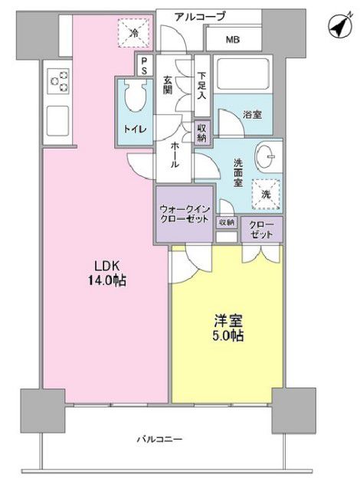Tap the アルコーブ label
click(x=200, y=15)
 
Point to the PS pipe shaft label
click(x=143, y=67)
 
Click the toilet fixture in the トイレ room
click(x=136, y=97)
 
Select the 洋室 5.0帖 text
click(x=227, y=327)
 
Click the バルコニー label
click(x=159, y=439)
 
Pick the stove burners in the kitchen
click(x=59, y=79)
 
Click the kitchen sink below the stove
click(x=58, y=119)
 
